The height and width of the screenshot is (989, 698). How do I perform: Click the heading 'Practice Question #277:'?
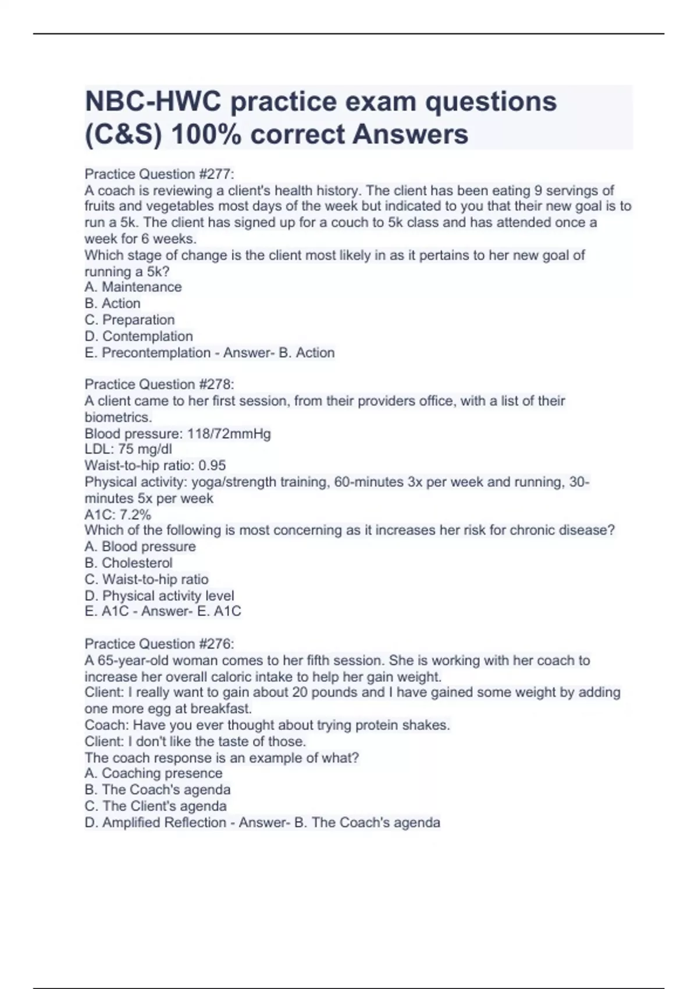coord(159,174)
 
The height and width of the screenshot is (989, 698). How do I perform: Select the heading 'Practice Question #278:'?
coord(159,385)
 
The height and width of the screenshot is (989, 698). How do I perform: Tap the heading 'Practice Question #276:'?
coord(159,644)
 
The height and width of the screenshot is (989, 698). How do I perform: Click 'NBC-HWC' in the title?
coord(153,102)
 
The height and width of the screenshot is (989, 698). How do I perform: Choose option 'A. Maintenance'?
coord(133,287)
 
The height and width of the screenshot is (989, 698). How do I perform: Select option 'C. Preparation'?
coord(130,319)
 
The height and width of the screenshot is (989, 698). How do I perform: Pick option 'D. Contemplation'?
coord(138,336)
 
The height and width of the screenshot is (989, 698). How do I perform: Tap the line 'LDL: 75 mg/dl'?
coord(128,449)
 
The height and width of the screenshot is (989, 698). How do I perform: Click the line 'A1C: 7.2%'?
coord(117,514)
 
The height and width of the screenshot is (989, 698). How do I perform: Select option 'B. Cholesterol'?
coord(129,563)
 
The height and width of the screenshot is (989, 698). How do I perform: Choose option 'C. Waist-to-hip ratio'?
coord(147,579)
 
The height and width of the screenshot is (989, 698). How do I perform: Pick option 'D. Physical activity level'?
coord(159,596)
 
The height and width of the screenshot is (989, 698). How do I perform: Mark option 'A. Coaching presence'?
coord(154,773)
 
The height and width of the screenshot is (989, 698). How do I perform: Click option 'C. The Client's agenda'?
coord(155,806)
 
